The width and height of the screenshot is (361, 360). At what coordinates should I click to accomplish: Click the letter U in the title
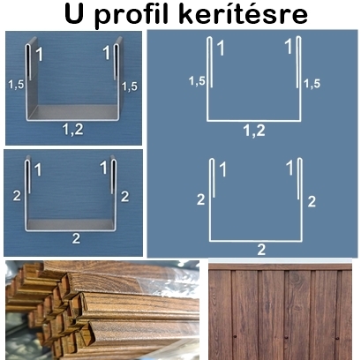click(73, 13)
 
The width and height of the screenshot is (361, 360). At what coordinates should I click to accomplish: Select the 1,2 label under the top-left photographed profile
click(73, 130)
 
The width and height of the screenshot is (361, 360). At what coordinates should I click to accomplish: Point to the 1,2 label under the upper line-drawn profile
click(254, 131)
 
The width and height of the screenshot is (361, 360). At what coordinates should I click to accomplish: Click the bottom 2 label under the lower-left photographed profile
click(76, 238)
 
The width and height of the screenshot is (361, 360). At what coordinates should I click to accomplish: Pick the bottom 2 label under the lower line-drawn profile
click(261, 250)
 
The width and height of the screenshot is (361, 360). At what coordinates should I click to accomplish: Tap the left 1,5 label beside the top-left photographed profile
click(16, 85)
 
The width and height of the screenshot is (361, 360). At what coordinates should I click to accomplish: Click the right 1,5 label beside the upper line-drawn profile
click(312, 84)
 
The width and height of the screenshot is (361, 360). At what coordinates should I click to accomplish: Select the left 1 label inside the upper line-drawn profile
click(221, 49)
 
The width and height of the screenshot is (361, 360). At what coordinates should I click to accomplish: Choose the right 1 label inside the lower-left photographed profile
click(103, 168)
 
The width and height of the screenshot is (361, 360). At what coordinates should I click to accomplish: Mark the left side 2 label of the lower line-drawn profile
click(201, 200)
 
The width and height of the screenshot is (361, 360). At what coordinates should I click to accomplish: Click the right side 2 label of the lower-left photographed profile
click(125, 197)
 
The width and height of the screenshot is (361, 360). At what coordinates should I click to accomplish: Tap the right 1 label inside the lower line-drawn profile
click(290, 169)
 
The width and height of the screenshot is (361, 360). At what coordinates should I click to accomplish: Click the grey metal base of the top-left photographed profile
click(73, 112)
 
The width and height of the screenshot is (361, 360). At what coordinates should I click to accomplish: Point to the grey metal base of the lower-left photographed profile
click(71, 224)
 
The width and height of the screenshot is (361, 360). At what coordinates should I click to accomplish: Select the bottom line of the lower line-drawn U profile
click(256, 241)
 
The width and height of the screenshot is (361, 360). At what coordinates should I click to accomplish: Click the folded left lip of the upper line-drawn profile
click(210, 62)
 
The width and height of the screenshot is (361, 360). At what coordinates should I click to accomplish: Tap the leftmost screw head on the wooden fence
click(235, 336)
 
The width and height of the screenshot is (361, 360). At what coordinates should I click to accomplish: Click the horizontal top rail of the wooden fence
click(280, 266)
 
